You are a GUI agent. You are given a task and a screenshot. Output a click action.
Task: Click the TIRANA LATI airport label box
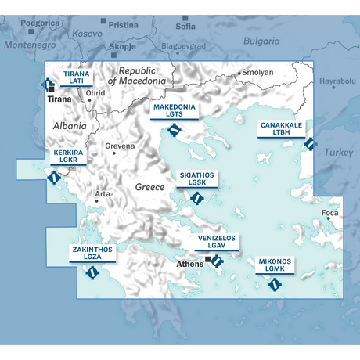[x=76, y=77]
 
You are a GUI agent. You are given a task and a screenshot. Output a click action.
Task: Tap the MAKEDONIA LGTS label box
[x=174, y=110]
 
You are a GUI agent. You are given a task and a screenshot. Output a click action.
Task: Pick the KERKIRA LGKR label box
[x=69, y=157]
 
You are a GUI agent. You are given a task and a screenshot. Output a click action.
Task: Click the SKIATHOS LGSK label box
[x=196, y=179]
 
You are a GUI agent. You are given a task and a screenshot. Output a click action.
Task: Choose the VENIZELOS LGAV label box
[x=215, y=242]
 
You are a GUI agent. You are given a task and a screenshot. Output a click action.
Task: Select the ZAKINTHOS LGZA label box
[x=92, y=254]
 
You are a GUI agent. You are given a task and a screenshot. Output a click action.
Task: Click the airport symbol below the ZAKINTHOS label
[x=92, y=273]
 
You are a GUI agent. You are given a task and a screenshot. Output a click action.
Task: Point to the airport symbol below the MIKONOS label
[x=274, y=284]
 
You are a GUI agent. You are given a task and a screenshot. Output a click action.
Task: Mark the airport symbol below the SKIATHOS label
[x=196, y=198]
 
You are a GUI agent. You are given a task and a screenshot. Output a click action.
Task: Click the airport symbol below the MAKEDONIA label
[x=174, y=130]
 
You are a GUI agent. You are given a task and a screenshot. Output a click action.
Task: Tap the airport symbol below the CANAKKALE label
[x=309, y=144]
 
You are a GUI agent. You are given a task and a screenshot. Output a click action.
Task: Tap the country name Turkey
[x=339, y=152]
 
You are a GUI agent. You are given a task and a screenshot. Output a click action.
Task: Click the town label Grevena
[x=121, y=146]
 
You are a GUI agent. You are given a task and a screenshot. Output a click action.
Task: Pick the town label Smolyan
[x=258, y=73]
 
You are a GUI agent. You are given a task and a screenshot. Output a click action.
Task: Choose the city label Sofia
[x=185, y=26]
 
